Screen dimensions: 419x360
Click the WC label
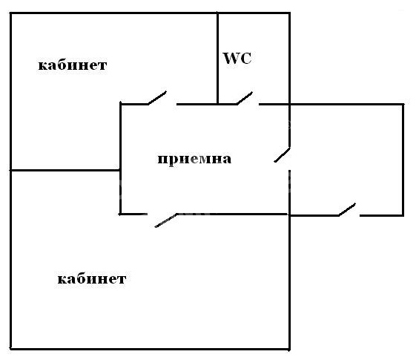tap(237, 59)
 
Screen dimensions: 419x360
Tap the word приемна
tap(194, 159)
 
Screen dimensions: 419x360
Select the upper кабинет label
tap(73, 65)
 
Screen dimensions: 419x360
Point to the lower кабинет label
tap(92, 278)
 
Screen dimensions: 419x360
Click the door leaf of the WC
tap(245, 98)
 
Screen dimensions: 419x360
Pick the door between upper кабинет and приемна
tap(158, 98)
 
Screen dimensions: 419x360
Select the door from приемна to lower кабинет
tap(166, 220)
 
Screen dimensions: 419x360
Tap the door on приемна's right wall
tap(283, 155)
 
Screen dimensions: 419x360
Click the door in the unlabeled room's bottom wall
tap(347, 209)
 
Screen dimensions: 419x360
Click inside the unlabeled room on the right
tap(346, 160)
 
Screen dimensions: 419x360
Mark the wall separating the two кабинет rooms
tap(65, 170)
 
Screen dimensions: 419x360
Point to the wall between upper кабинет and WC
tap(217, 58)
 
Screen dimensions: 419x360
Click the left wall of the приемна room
tap(121, 158)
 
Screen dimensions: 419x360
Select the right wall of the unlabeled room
tap(403, 160)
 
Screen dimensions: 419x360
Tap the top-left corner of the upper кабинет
tap(10, 13)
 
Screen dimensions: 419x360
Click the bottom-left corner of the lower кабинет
tap(10, 349)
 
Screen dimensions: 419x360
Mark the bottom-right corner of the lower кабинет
tap(290, 349)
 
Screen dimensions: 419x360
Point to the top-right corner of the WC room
tap(290, 13)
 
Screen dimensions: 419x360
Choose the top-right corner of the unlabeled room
tap(403, 104)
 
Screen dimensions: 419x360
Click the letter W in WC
tap(231, 59)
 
